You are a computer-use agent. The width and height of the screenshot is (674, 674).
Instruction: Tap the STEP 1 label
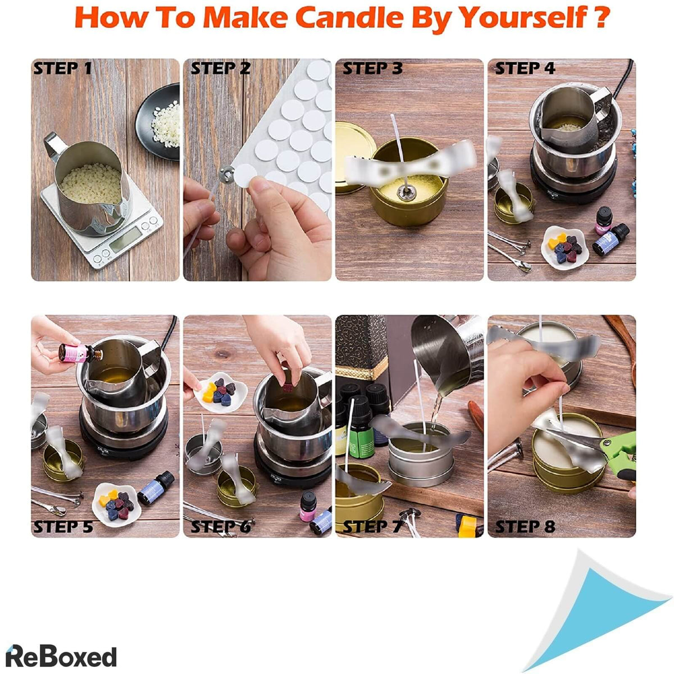[62, 69]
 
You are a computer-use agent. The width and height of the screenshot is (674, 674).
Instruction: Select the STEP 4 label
[525, 69]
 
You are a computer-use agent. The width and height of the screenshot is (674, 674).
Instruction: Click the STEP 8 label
[525, 527]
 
